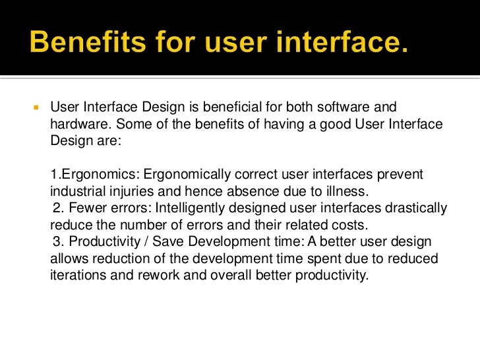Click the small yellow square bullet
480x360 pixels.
click(x=37, y=107)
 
